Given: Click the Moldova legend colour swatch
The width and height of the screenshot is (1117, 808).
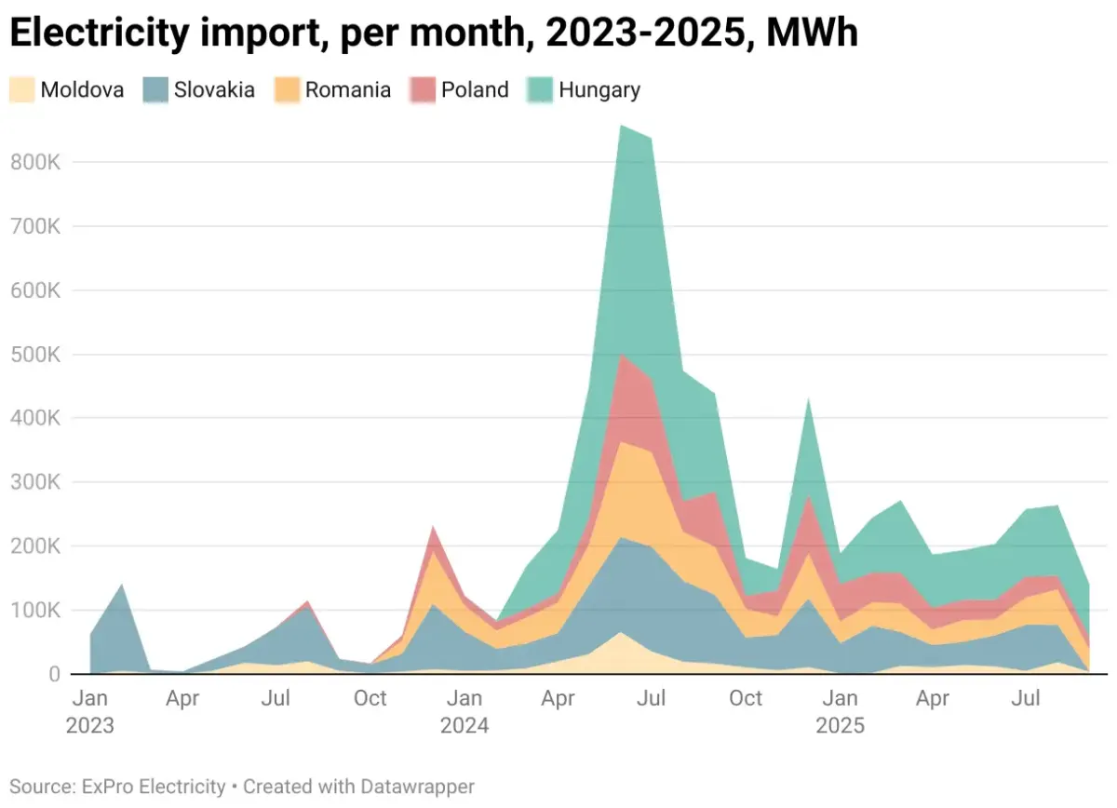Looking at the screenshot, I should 22,89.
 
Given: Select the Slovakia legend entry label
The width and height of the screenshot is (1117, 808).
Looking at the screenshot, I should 214,90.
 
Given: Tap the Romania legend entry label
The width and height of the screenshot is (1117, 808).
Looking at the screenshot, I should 348,90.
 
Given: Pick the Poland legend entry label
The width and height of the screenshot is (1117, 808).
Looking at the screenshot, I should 475,90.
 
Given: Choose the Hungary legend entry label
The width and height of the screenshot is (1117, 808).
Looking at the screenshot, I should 599,90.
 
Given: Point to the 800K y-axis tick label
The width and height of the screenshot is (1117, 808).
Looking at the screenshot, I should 36,163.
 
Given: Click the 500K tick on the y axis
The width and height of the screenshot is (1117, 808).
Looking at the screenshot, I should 36,355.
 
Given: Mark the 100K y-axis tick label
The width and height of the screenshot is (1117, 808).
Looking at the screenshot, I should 36,611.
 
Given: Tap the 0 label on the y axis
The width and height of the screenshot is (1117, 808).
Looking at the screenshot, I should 53,674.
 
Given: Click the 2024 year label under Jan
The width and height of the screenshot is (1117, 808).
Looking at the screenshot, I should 464,725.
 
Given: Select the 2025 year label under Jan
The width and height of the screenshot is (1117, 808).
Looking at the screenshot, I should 841,725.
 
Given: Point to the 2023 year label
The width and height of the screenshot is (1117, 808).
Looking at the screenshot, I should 90,725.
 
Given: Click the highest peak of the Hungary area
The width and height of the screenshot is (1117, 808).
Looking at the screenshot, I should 621,127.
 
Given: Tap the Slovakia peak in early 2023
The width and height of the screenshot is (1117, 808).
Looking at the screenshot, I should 122,586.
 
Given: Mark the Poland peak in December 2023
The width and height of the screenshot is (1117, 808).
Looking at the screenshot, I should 434,528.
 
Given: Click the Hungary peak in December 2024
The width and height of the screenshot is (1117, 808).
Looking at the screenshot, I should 809,401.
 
